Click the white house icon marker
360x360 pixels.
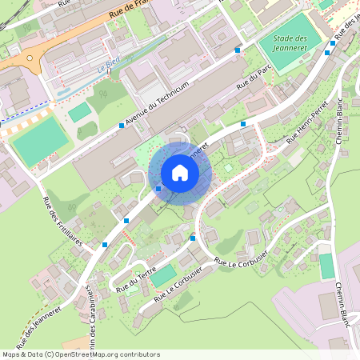pyautogui.click(x=179, y=173)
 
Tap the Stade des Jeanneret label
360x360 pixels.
pyautogui.click(x=290, y=42)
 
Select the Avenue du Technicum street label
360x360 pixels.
pyautogui.click(x=158, y=105)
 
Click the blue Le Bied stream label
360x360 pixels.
pyautogui.click(x=108, y=69)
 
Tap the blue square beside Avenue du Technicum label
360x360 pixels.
pyautogui.click(x=122, y=126)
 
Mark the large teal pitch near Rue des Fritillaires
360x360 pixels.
pyautogui.click(x=39, y=141)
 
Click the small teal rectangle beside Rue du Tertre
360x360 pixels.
pyautogui.click(x=164, y=276)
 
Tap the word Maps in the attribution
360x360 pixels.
pyautogui.click(x=11, y=354)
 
